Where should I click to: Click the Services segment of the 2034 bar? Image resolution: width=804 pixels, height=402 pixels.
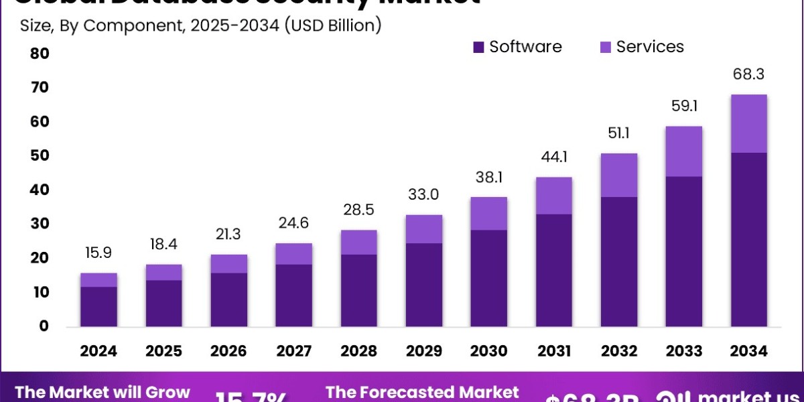click(x=748, y=124)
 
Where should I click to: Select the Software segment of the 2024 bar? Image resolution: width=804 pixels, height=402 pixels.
click(x=98, y=307)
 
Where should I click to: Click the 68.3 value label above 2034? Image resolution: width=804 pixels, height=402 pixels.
click(x=749, y=74)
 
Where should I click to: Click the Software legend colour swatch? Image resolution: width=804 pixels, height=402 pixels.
click(x=478, y=47)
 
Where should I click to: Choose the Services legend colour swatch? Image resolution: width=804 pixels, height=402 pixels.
click(x=605, y=47)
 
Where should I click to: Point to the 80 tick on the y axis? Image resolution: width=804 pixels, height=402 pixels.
click(x=40, y=53)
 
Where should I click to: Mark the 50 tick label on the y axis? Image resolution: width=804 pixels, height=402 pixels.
click(x=40, y=155)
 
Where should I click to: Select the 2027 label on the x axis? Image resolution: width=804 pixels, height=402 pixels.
click(x=294, y=352)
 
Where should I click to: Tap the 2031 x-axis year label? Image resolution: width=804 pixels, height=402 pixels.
click(x=554, y=352)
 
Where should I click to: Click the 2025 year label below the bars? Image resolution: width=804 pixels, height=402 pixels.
click(x=164, y=352)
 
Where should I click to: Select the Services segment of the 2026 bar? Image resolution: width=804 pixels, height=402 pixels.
click(x=229, y=264)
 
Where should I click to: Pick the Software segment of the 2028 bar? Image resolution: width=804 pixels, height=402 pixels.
click(x=359, y=290)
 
